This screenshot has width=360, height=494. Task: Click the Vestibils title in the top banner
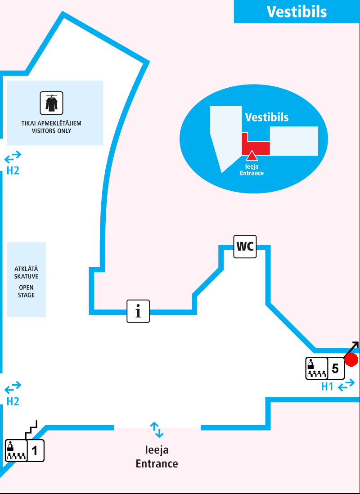(297, 12)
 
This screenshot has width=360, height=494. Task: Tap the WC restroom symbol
(245, 247)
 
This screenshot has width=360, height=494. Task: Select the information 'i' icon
(138, 311)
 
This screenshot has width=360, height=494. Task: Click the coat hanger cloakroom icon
(52, 103)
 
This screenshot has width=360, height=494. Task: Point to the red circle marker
(351, 359)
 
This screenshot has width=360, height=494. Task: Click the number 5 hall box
(335, 368)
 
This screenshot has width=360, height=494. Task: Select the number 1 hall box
(36, 450)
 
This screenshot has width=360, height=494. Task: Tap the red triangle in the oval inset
(252, 156)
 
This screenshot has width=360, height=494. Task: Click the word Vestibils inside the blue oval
(266, 117)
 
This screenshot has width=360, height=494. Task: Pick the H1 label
(327, 386)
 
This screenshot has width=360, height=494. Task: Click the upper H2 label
(13, 171)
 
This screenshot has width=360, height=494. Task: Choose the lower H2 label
(13, 401)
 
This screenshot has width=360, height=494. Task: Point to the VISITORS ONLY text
(51, 131)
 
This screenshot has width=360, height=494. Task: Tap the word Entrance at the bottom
(157, 463)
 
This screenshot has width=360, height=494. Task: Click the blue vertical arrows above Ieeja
(157, 430)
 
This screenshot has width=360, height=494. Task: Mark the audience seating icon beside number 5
(316, 368)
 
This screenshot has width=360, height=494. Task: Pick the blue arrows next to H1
(346, 386)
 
